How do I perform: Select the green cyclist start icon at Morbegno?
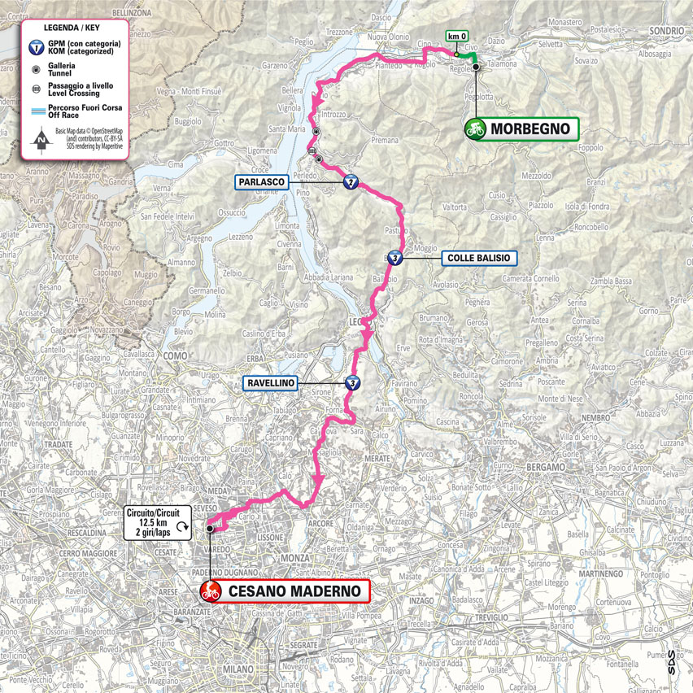point(475,129)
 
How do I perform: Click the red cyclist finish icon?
point(211,591)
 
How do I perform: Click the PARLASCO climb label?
point(263,182)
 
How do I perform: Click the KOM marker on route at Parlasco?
point(351,182)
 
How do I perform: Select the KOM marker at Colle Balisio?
point(394,259)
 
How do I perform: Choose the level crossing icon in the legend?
point(39,88)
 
